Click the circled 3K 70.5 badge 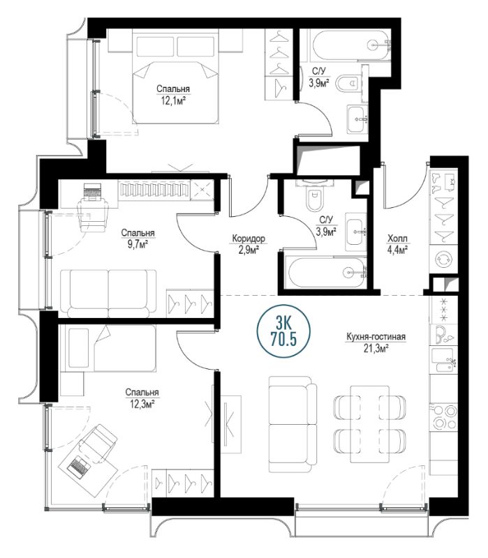(x=283, y=331)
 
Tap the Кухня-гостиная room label (x=376, y=336)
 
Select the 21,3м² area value (x=376, y=348)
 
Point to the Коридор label (x=249, y=238)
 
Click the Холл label (x=397, y=238)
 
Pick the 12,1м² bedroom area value (x=173, y=101)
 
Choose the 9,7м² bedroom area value (x=138, y=245)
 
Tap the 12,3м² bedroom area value (x=142, y=405)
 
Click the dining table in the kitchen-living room (x=370, y=424)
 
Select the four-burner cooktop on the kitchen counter (x=444, y=417)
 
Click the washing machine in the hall (x=444, y=258)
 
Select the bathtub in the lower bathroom (x=327, y=273)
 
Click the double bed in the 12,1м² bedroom (x=175, y=76)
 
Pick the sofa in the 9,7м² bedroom (x=108, y=293)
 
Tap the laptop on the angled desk (x=79, y=465)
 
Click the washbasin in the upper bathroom (x=357, y=119)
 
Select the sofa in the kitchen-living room (x=292, y=424)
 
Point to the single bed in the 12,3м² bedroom (x=108, y=348)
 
